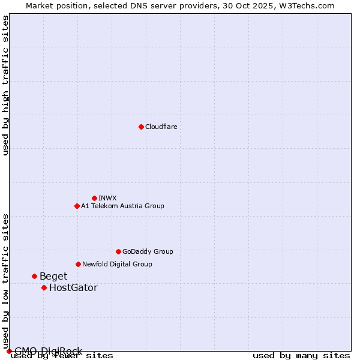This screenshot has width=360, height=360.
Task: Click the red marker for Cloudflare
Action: pyautogui.click(x=141, y=127)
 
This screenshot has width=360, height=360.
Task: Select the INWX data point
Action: pyautogui.click(x=94, y=198)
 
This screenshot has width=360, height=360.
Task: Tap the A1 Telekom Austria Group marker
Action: pyautogui.click(x=77, y=206)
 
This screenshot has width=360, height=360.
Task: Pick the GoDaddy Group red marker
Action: pyautogui.click(x=118, y=251)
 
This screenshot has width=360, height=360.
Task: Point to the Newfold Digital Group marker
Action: pyautogui.click(x=78, y=264)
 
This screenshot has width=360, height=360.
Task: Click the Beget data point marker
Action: pyautogui.click(x=34, y=276)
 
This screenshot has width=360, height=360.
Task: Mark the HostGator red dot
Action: pyautogui.click(x=44, y=287)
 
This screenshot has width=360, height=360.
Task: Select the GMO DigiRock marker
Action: pyautogui.click(x=9, y=351)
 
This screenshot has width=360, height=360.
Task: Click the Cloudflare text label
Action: pyautogui.click(x=161, y=127)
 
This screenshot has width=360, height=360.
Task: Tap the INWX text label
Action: pyautogui.click(x=107, y=198)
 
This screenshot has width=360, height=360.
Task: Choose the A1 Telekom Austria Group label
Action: pyautogui.click(x=122, y=206)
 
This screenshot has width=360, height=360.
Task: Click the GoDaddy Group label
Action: pyautogui.click(x=148, y=251)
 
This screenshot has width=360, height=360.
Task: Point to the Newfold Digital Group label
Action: pyautogui.click(x=117, y=264)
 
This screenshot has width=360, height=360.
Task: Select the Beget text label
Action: pyautogui.click(x=53, y=276)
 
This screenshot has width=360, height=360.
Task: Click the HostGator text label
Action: pyautogui.click(x=73, y=287)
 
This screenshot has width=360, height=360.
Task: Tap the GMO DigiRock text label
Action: pyautogui.click(x=48, y=351)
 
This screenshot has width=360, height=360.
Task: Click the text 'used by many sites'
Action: pyautogui.click(x=301, y=355)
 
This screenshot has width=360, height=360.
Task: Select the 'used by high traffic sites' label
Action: pyautogui.click(x=5, y=85)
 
